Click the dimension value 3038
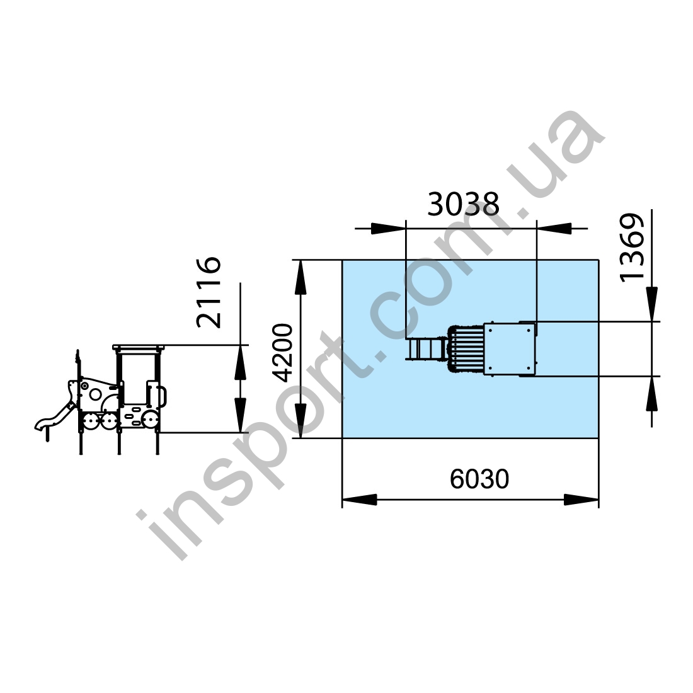pyautogui.click(x=463, y=203)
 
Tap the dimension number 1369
pyautogui.click(x=632, y=247)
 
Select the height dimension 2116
pyautogui.click(x=209, y=292)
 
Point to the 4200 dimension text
pyautogui.click(x=283, y=352)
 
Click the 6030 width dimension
pyautogui.click(x=479, y=479)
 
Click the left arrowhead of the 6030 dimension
pyautogui.click(x=359, y=500)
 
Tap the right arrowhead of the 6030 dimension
pyautogui.click(x=581, y=500)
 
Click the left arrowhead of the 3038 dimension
pyautogui.click(x=389, y=229)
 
